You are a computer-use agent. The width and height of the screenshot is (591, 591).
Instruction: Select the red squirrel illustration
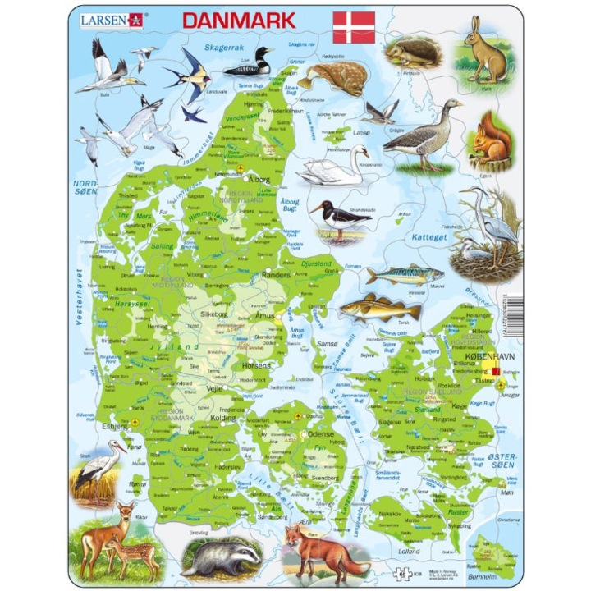(x=492, y=140)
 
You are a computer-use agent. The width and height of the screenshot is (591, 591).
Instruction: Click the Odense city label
(x=322, y=434)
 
